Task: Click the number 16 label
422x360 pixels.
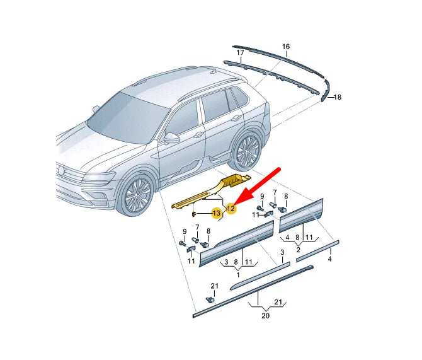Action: [x=285, y=47]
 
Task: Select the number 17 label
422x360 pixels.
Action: [x=240, y=52]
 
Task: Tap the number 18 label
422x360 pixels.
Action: [x=337, y=97]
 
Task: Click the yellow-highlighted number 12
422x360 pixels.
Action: [x=231, y=208]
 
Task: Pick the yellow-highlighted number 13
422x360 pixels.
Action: [x=216, y=214]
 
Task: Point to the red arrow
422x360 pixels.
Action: [x=258, y=185]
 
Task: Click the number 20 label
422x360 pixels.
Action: [x=265, y=315]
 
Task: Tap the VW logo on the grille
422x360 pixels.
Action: [x=61, y=170]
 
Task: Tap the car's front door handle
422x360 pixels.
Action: [x=197, y=134]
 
